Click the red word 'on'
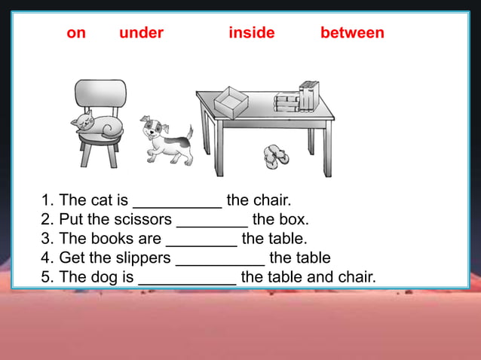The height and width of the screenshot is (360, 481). pyautogui.click(x=76, y=33)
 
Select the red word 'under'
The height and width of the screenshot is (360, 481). pyautogui.click(x=141, y=33)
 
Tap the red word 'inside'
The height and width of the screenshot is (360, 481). pyautogui.click(x=252, y=33)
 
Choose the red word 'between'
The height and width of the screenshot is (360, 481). pyautogui.click(x=352, y=33)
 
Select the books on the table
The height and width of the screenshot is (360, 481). pyautogui.click(x=297, y=97)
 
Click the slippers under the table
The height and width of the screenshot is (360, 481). pyautogui.click(x=276, y=157)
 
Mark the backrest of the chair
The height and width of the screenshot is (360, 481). pyautogui.click(x=100, y=93)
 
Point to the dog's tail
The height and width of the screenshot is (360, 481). pyautogui.click(x=188, y=133)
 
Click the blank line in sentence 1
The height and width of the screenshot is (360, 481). pyautogui.click(x=177, y=202)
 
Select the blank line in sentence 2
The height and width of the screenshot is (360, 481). pyautogui.click(x=212, y=221)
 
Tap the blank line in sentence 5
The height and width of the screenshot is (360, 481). pyautogui.click(x=187, y=278)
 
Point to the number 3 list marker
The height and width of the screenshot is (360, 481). pyautogui.click(x=46, y=239)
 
